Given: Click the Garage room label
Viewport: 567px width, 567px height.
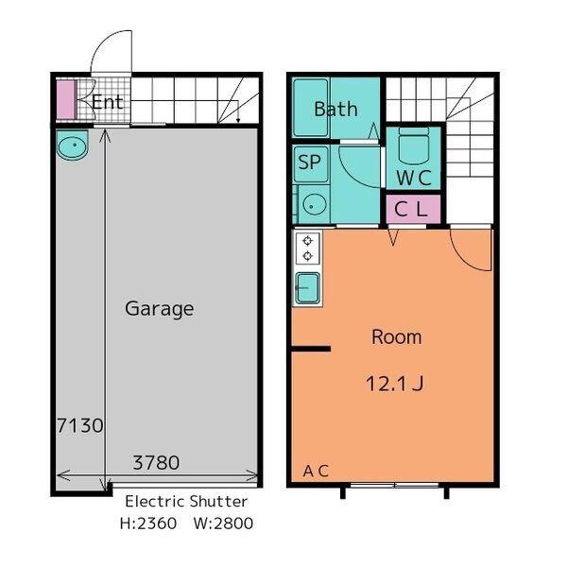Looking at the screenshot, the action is [x=160, y=310].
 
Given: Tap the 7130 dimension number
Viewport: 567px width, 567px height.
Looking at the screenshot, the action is [x=80, y=425].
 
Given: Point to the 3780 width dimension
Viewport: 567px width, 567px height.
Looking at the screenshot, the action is [x=156, y=462].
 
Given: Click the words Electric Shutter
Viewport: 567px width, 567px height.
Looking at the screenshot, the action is [x=186, y=502].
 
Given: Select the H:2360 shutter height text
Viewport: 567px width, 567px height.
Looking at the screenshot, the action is [x=148, y=524].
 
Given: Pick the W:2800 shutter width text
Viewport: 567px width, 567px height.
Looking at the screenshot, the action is [x=223, y=524].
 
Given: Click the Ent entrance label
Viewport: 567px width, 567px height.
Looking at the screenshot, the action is [x=108, y=102].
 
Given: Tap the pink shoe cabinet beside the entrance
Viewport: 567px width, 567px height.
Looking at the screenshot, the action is [x=66, y=99].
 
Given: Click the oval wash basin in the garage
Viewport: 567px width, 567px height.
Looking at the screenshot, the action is [x=73, y=145].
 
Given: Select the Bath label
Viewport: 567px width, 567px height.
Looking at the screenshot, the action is [x=335, y=110].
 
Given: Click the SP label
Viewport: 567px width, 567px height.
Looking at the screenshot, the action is [x=310, y=162].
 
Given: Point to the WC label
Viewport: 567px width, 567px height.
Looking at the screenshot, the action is [x=414, y=178].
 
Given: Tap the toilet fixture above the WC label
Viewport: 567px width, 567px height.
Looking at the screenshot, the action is [x=414, y=146].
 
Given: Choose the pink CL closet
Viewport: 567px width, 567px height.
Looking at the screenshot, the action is [x=413, y=210].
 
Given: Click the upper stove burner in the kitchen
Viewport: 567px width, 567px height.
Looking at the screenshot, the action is [x=308, y=240].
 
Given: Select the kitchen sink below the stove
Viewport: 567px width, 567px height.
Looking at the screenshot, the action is [x=308, y=288].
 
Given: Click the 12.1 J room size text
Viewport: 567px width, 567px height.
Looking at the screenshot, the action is [x=395, y=384].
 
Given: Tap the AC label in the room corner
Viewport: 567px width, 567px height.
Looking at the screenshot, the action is [x=316, y=471].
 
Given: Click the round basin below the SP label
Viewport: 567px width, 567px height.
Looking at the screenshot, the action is [x=315, y=205].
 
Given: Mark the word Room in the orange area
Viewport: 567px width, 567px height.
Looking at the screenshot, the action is [x=397, y=337].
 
